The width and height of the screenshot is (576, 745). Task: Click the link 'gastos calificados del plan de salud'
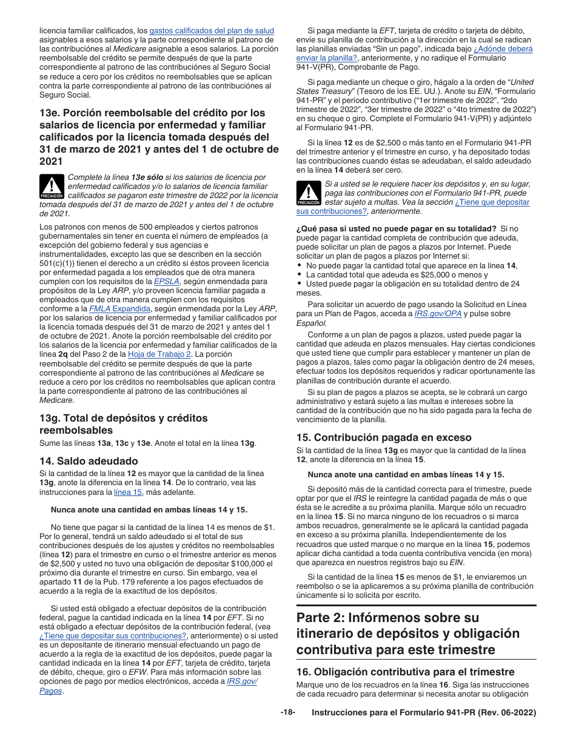[212, 30]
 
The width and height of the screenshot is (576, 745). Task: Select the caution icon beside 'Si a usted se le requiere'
[309, 193]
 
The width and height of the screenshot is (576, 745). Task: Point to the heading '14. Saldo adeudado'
[89, 461]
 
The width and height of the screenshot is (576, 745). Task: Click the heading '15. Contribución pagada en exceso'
[384, 437]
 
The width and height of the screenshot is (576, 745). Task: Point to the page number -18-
[287, 713]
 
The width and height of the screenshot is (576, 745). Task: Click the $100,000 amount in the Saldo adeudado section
[246, 563]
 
